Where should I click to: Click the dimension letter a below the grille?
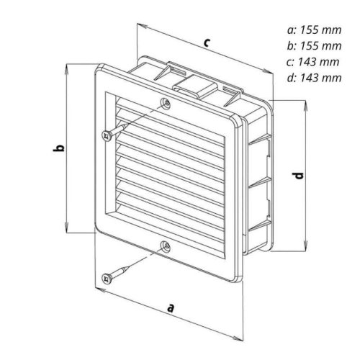pos(170,308)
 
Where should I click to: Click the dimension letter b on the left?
pos(58,148)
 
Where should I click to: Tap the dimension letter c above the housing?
pos(207,42)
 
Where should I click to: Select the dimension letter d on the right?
pos(299,176)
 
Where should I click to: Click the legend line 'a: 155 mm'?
pos(314,30)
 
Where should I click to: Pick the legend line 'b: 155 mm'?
pos(314,45)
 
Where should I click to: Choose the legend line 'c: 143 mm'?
pos(313,62)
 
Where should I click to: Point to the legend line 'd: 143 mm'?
pos(314,78)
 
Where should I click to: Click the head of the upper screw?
pos(107,136)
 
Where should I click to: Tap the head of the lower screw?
pos(107,279)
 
